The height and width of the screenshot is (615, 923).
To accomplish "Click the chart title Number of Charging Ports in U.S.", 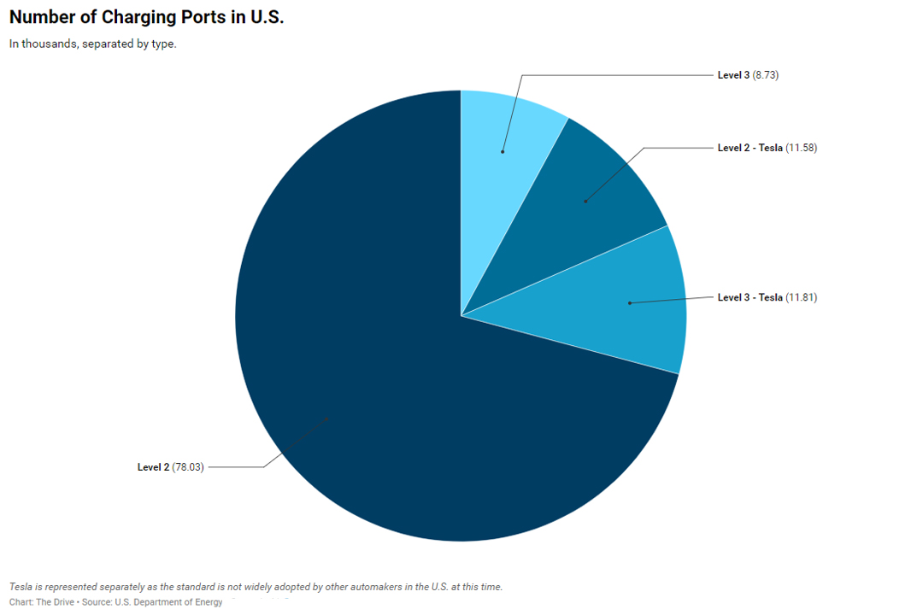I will click(x=146, y=18).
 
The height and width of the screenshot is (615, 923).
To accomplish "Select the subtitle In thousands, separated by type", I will click(x=92, y=44).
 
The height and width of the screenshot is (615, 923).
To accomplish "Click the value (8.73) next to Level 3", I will click(x=766, y=75).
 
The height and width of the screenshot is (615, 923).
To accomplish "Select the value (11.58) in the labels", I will click(x=802, y=148).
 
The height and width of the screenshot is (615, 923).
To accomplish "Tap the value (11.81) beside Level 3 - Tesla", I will click(x=802, y=297).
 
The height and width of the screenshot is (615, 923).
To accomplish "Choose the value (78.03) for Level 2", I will click(x=188, y=467).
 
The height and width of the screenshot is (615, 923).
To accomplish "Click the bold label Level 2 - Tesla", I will click(x=750, y=148).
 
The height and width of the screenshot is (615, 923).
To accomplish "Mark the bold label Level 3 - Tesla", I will click(x=750, y=297).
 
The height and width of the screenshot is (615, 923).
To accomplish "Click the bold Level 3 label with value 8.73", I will click(x=733, y=75).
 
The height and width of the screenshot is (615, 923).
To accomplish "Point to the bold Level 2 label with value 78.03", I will click(x=153, y=467).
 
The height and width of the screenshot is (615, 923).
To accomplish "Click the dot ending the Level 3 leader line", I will click(x=503, y=152).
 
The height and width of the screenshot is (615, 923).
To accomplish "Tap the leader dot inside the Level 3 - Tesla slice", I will click(x=629, y=303).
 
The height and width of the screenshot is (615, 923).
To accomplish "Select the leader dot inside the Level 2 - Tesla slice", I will click(x=585, y=202).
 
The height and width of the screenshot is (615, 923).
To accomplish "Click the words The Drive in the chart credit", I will click(x=56, y=602).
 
